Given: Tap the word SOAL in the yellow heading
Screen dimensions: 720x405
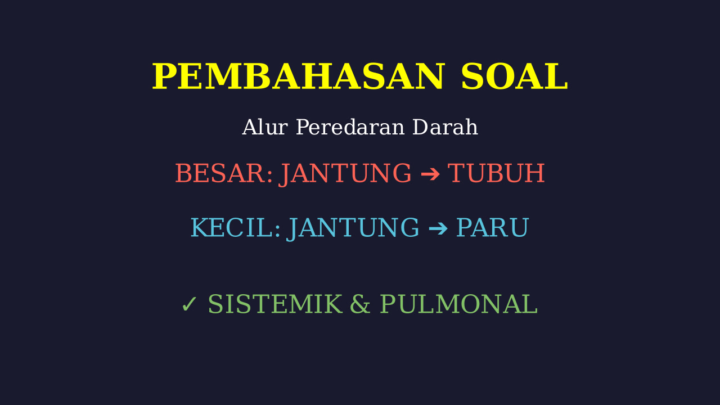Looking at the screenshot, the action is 515,76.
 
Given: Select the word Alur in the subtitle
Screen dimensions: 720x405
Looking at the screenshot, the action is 265,127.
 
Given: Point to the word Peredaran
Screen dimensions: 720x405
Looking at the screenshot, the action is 350,127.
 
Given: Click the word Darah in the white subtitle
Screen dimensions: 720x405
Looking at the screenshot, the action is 445,127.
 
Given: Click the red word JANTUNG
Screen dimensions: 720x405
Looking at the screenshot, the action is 345,174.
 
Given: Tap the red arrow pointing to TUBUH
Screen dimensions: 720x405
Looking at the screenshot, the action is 430,174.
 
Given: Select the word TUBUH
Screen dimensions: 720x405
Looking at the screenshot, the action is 497,173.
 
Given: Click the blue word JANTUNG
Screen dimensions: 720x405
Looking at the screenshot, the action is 353,228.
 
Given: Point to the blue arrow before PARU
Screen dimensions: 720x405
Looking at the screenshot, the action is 438,228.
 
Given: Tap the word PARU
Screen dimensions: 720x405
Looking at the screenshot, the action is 493,228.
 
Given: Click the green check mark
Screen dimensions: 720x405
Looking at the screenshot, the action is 189,304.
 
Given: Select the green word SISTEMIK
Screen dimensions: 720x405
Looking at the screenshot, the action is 275,304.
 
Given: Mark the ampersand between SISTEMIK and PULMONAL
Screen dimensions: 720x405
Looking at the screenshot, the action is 360,304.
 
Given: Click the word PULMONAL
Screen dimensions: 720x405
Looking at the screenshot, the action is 459,304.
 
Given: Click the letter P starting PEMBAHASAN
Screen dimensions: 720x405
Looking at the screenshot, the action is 164,76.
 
